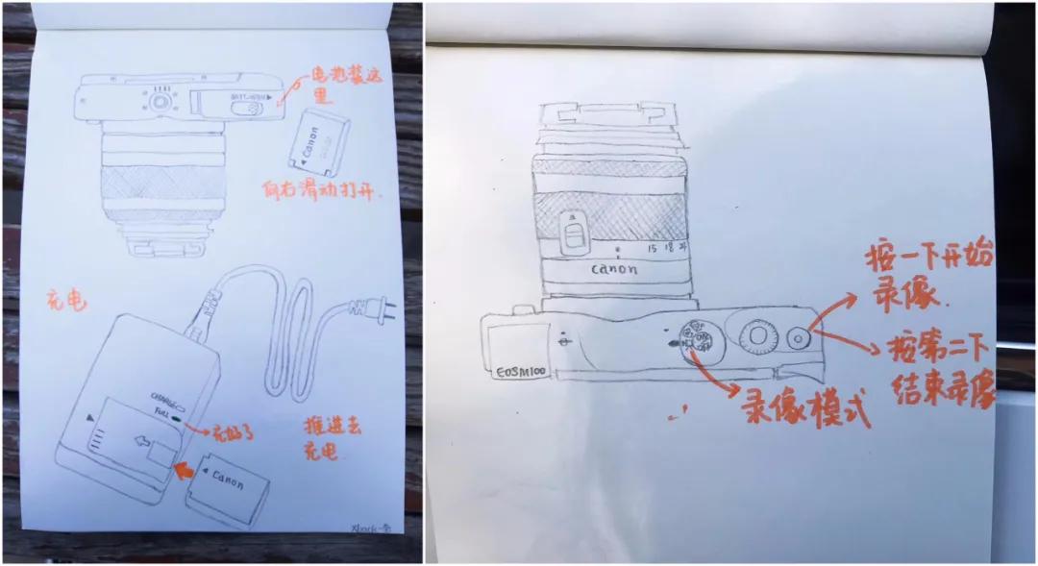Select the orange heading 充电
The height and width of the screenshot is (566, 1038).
point(66,301)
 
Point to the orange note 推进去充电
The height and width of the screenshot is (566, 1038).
point(334,437)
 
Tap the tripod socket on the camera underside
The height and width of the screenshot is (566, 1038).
point(161,101)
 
